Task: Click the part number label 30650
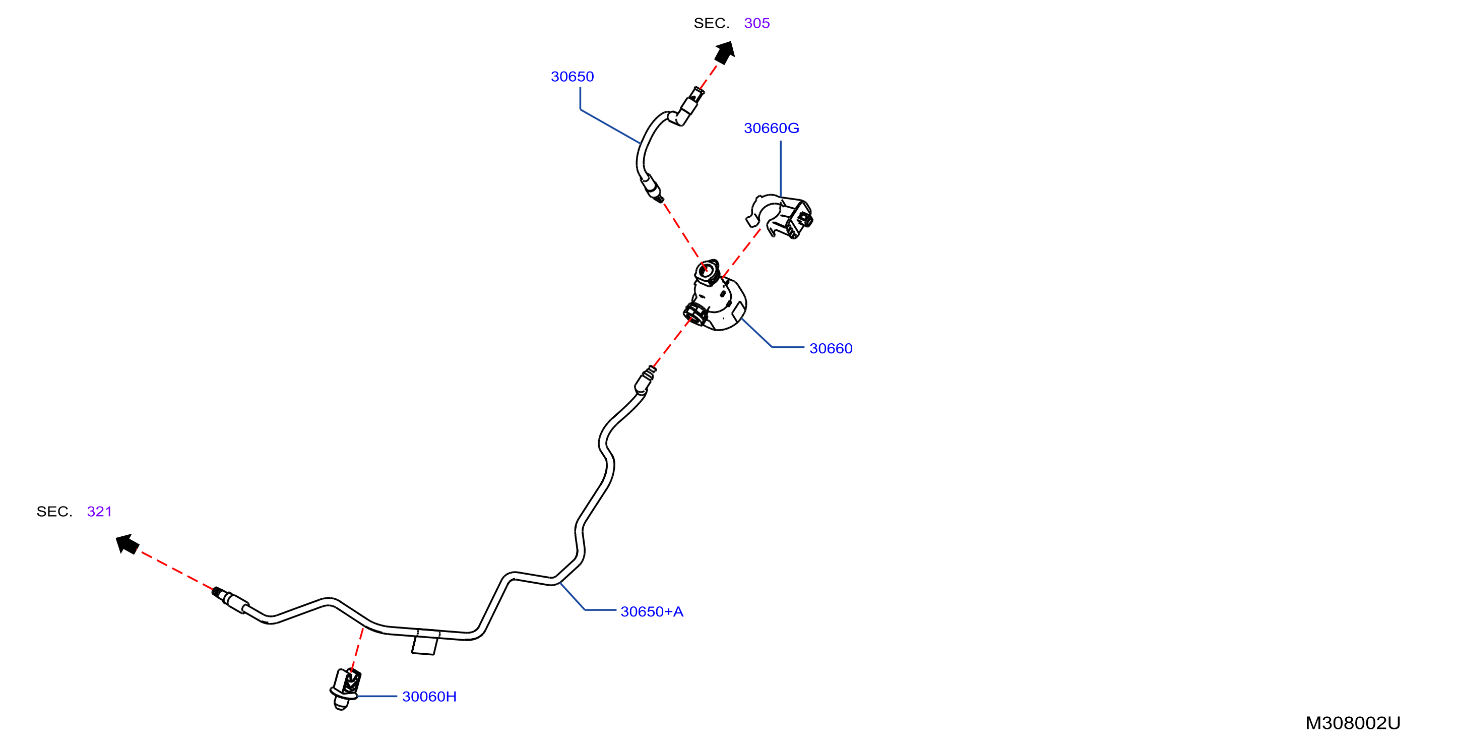click(x=572, y=77)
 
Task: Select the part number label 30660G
click(x=771, y=128)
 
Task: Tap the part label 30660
click(x=831, y=348)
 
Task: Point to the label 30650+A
click(x=652, y=611)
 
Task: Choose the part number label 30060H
click(x=429, y=696)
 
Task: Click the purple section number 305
click(x=757, y=23)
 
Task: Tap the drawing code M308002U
click(x=1352, y=723)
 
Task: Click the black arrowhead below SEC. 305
click(x=725, y=52)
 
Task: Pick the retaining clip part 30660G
click(x=780, y=216)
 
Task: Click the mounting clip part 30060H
click(x=345, y=688)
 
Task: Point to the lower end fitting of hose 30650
click(x=652, y=189)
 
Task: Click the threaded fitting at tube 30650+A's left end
click(x=230, y=599)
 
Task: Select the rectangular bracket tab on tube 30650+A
click(x=425, y=643)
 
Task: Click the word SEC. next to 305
click(x=712, y=23)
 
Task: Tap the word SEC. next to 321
click(x=54, y=512)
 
